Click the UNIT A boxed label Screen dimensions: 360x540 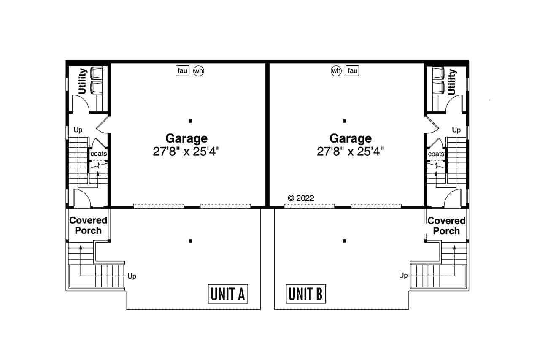click(228, 294)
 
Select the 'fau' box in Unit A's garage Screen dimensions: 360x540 click(183, 71)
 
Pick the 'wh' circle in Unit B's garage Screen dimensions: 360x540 click(336, 71)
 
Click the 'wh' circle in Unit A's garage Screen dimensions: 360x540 click(198, 71)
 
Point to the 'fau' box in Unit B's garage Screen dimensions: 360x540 click(352, 71)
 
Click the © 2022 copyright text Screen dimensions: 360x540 click(301, 198)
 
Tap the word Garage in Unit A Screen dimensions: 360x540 click(186, 138)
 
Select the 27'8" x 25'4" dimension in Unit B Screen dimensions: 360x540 click(351, 152)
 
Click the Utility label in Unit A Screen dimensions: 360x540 click(82, 81)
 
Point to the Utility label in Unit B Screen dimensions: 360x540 click(451, 81)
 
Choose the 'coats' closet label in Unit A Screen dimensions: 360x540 click(99, 154)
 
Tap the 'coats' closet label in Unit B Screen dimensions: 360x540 click(436, 154)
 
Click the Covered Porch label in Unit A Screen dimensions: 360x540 click(88, 225)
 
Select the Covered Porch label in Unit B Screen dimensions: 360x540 click(446, 225)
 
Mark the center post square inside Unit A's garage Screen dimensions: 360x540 click(191, 121)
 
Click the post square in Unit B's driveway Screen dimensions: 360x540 click(345, 241)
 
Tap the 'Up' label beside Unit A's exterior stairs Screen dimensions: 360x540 click(132, 276)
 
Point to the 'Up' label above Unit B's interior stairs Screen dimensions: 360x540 click(456, 130)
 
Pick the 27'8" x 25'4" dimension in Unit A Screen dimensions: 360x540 click(186, 152)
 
